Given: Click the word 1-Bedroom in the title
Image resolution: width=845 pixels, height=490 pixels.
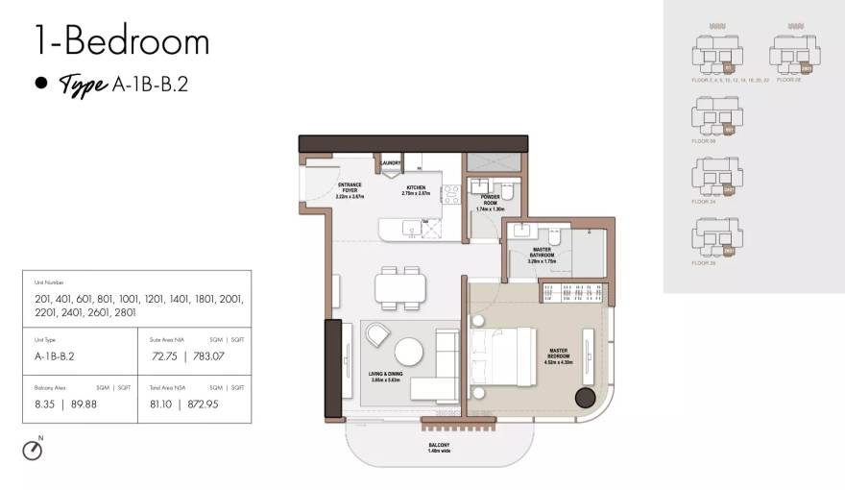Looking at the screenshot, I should [121, 41].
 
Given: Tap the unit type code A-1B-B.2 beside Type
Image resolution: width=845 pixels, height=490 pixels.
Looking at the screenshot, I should [150, 85].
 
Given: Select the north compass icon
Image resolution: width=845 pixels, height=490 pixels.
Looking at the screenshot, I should [33, 449].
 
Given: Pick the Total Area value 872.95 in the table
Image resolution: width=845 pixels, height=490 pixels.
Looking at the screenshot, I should [225, 404].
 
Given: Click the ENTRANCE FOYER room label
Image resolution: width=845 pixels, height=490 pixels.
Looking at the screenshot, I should [349, 189].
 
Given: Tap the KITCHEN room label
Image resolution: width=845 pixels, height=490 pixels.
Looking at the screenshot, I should [415, 189].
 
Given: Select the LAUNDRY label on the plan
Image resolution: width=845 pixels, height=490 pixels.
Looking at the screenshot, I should [390, 163].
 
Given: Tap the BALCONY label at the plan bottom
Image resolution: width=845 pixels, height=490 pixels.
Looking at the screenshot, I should [440, 447].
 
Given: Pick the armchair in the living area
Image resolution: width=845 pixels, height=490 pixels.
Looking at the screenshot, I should [377, 335].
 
